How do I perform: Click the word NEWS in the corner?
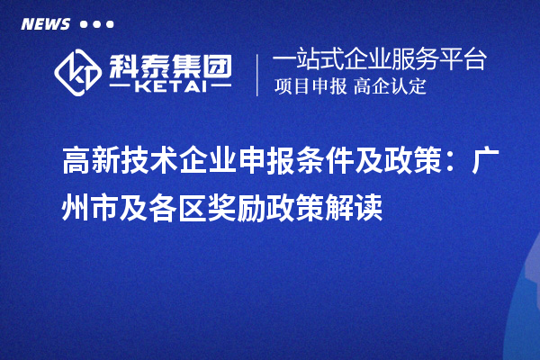[x=45, y=24]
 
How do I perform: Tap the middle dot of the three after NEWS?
[x=97, y=24]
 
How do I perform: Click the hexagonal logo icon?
[x=79, y=72]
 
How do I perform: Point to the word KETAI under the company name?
[x=170, y=89]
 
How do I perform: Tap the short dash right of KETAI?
[x=220, y=89]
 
